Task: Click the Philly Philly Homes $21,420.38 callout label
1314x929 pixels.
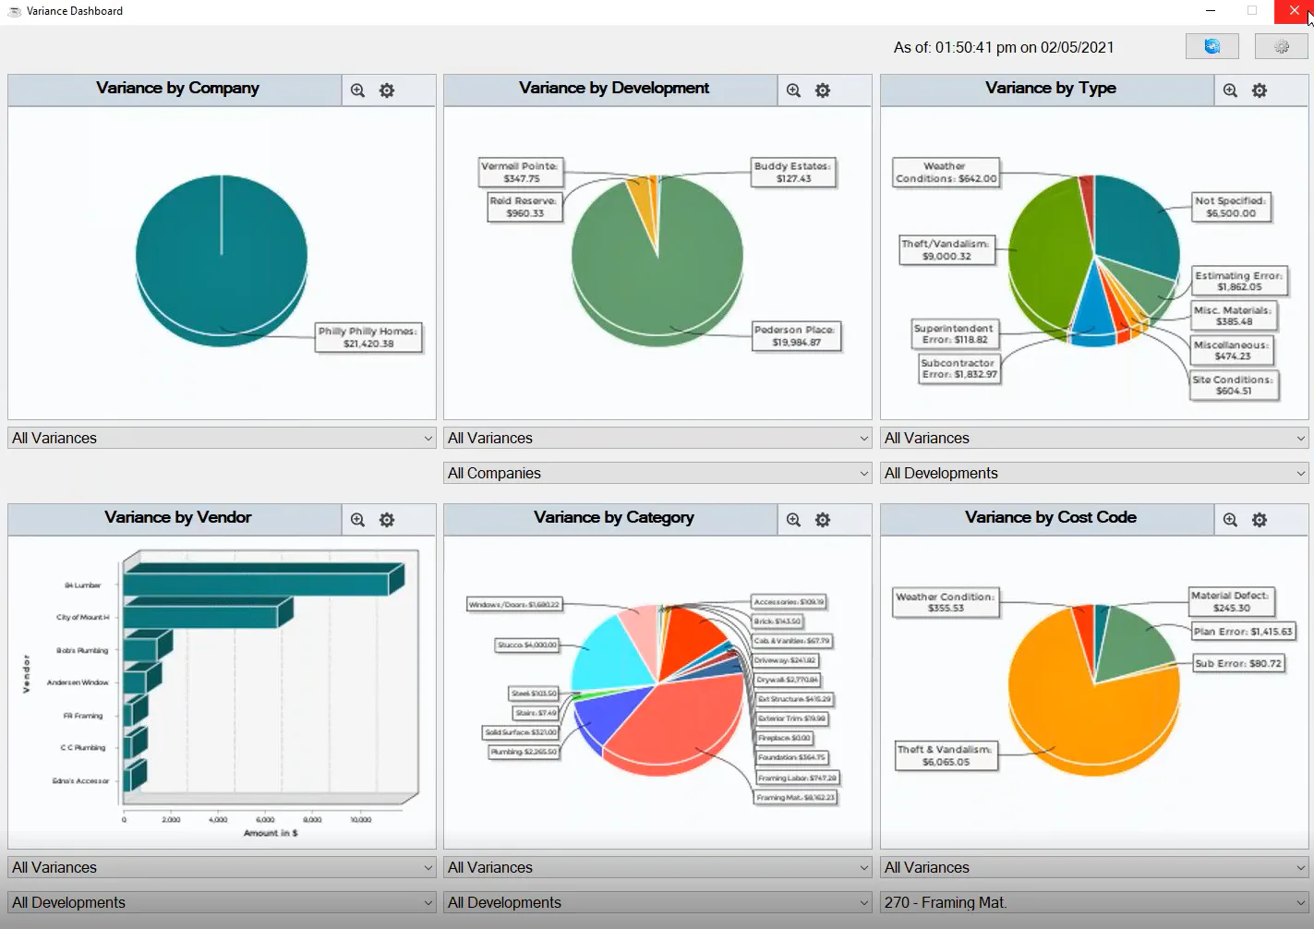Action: [368, 337]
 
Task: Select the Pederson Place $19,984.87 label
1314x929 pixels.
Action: [796, 336]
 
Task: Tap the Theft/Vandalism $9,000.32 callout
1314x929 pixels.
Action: [946, 250]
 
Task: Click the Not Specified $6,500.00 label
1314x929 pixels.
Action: [1231, 207]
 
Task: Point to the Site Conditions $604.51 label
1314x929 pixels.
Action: [1234, 385]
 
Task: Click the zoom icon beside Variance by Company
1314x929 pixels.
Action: [357, 90]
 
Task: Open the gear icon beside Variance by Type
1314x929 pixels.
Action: [1260, 90]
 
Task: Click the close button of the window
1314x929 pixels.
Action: [1294, 11]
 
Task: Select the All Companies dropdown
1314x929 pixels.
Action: [657, 473]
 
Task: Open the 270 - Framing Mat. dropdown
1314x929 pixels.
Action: [1094, 902]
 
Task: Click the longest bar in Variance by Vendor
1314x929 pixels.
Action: [259, 580]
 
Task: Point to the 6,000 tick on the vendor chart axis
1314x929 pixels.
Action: [265, 820]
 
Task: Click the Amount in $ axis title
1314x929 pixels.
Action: [271, 833]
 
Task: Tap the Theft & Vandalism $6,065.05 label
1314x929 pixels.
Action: [946, 755]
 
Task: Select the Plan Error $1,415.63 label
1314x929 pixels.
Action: [1243, 632]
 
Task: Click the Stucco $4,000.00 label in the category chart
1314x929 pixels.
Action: [527, 645]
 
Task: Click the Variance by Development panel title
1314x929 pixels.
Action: [614, 89]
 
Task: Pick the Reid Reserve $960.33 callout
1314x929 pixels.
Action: [524, 207]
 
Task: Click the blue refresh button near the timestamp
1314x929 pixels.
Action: [1212, 46]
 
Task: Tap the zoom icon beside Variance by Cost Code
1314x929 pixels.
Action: [1230, 520]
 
